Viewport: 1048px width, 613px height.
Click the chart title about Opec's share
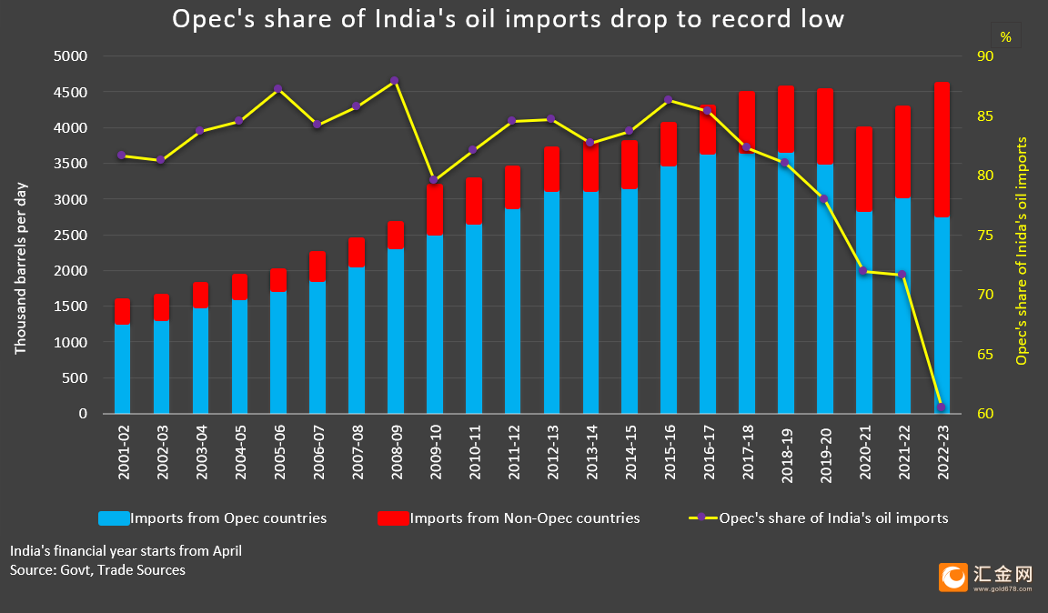[508, 19]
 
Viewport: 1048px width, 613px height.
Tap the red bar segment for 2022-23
[942, 150]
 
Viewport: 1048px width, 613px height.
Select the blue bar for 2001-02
[122, 369]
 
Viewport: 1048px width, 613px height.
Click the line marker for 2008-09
[394, 80]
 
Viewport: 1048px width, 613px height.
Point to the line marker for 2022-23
[941, 407]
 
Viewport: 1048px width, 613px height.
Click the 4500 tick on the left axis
[70, 92]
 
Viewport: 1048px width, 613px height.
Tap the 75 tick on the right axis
[985, 236]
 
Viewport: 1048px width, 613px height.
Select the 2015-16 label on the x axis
[670, 453]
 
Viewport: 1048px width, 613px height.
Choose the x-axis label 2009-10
[436, 453]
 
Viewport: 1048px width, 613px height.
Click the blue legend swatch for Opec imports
[114, 518]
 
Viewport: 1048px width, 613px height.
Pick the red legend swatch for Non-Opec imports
[393, 518]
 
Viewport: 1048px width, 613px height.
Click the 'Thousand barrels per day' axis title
[21, 268]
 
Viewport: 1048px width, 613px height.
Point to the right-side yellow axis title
[1022, 251]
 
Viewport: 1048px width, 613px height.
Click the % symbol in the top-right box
[1006, 37]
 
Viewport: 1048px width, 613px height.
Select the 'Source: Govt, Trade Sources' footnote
[97, 570]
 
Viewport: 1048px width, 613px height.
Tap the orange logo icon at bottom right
[953, 577]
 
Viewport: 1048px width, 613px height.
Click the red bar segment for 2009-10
[435, 210]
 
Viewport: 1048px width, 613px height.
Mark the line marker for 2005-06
[278, 89]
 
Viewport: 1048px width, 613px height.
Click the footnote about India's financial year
[126, 551]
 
